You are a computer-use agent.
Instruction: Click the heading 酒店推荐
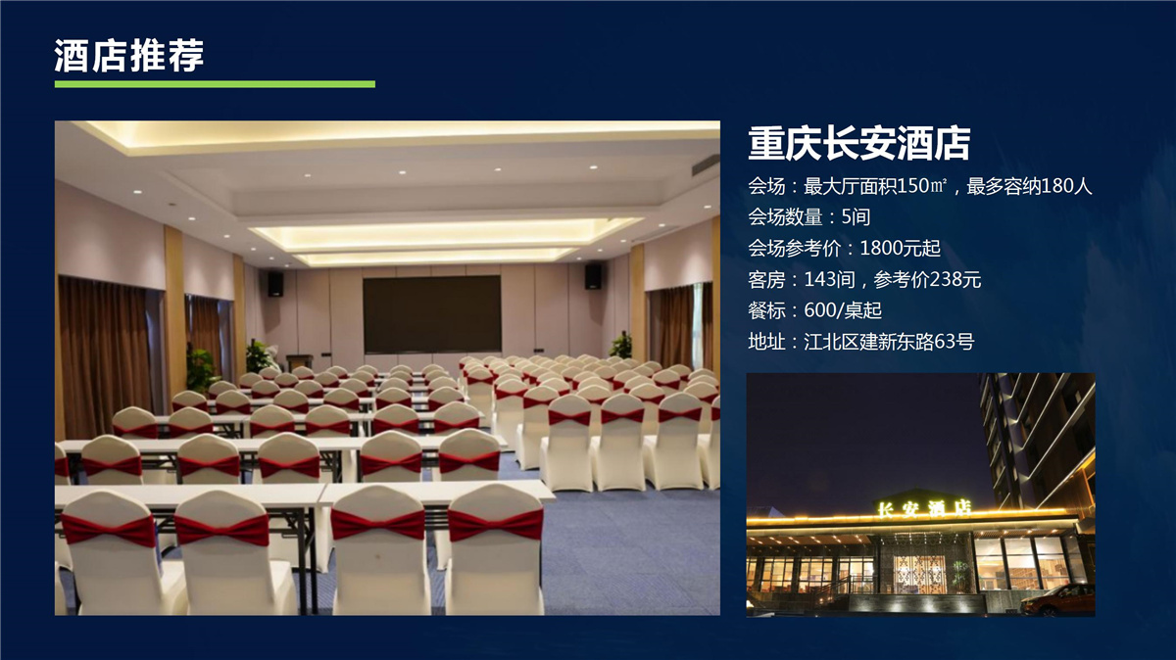pos(128,55)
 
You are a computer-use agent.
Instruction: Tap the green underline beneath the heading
pos(215,84)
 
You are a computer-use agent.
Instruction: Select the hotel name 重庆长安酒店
pos(858,143)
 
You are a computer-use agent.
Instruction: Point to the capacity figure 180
pos(1056,186)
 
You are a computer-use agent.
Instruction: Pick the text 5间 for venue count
pos(856,216)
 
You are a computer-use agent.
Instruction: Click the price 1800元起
pos(900,248)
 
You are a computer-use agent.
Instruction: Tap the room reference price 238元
pos(954,279)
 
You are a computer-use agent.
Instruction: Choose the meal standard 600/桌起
pos(843,310)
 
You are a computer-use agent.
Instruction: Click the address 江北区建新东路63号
pos(889,342)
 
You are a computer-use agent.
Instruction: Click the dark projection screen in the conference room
pos(432,314)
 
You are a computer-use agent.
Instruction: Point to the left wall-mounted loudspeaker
pos(275,284)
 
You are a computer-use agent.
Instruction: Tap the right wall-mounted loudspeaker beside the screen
pos(593,276)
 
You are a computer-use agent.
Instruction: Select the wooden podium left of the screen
pos(299,362)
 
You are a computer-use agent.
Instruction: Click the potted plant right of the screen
pos(621,347)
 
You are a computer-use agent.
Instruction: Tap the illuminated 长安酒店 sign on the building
pos(924,507)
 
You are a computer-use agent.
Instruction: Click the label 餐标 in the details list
pos(766,310)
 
